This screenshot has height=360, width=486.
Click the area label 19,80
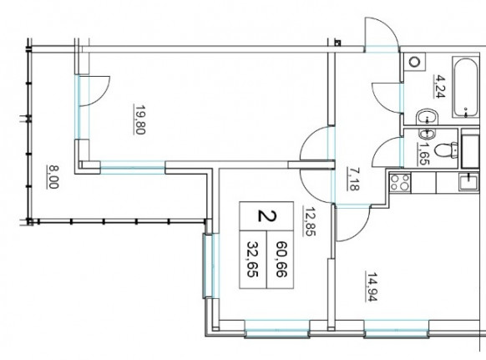coord(139,119)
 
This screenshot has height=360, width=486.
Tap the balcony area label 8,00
coord(53,177)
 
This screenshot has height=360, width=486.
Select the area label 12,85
coord(310,221)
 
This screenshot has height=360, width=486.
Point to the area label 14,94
coord(372,286)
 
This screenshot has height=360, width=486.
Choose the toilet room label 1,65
coord(423,154)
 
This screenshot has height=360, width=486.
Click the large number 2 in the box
coord(266,215)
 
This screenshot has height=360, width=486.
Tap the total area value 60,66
coord(281,259)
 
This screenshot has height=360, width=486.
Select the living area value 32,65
coord(253,259)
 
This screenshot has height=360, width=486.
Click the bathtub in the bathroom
coord(466,87)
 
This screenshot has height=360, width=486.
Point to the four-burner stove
coord(400,182)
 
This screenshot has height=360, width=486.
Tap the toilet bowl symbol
coord(446,150)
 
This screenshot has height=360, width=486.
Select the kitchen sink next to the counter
coord(469,182)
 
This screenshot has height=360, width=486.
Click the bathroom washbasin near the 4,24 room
coord(427,117)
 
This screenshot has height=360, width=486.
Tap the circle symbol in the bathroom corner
coord(414,63)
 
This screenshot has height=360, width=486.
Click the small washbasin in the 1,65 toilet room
coord(428,134)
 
